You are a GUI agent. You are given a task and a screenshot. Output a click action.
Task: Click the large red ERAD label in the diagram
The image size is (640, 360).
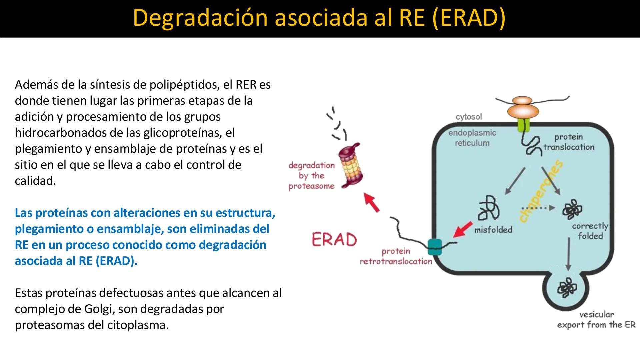(334, 239)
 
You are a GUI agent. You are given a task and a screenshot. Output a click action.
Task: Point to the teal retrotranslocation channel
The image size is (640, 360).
(434, 247)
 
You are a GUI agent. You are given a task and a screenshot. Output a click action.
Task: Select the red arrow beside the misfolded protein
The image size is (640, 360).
(463, 229)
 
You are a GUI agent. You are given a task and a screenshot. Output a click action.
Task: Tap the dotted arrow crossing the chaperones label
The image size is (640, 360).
(537, 208)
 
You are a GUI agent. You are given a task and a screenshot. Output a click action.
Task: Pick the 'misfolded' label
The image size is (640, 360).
(493, 230)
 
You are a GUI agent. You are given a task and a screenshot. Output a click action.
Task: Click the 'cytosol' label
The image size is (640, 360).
(469, 117)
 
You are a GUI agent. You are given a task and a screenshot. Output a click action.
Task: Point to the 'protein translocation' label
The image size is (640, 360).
(569, 142)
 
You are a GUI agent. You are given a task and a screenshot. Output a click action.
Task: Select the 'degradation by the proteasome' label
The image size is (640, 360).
(311, 176)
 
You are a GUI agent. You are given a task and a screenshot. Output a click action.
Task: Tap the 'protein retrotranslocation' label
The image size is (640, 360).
(396, 256)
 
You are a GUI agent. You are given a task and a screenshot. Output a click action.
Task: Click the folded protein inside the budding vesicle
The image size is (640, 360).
(567, 288)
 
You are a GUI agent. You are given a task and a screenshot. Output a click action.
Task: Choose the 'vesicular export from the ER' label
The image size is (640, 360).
(596, 320)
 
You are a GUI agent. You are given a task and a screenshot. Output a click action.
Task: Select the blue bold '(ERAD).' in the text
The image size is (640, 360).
(116, 261)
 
